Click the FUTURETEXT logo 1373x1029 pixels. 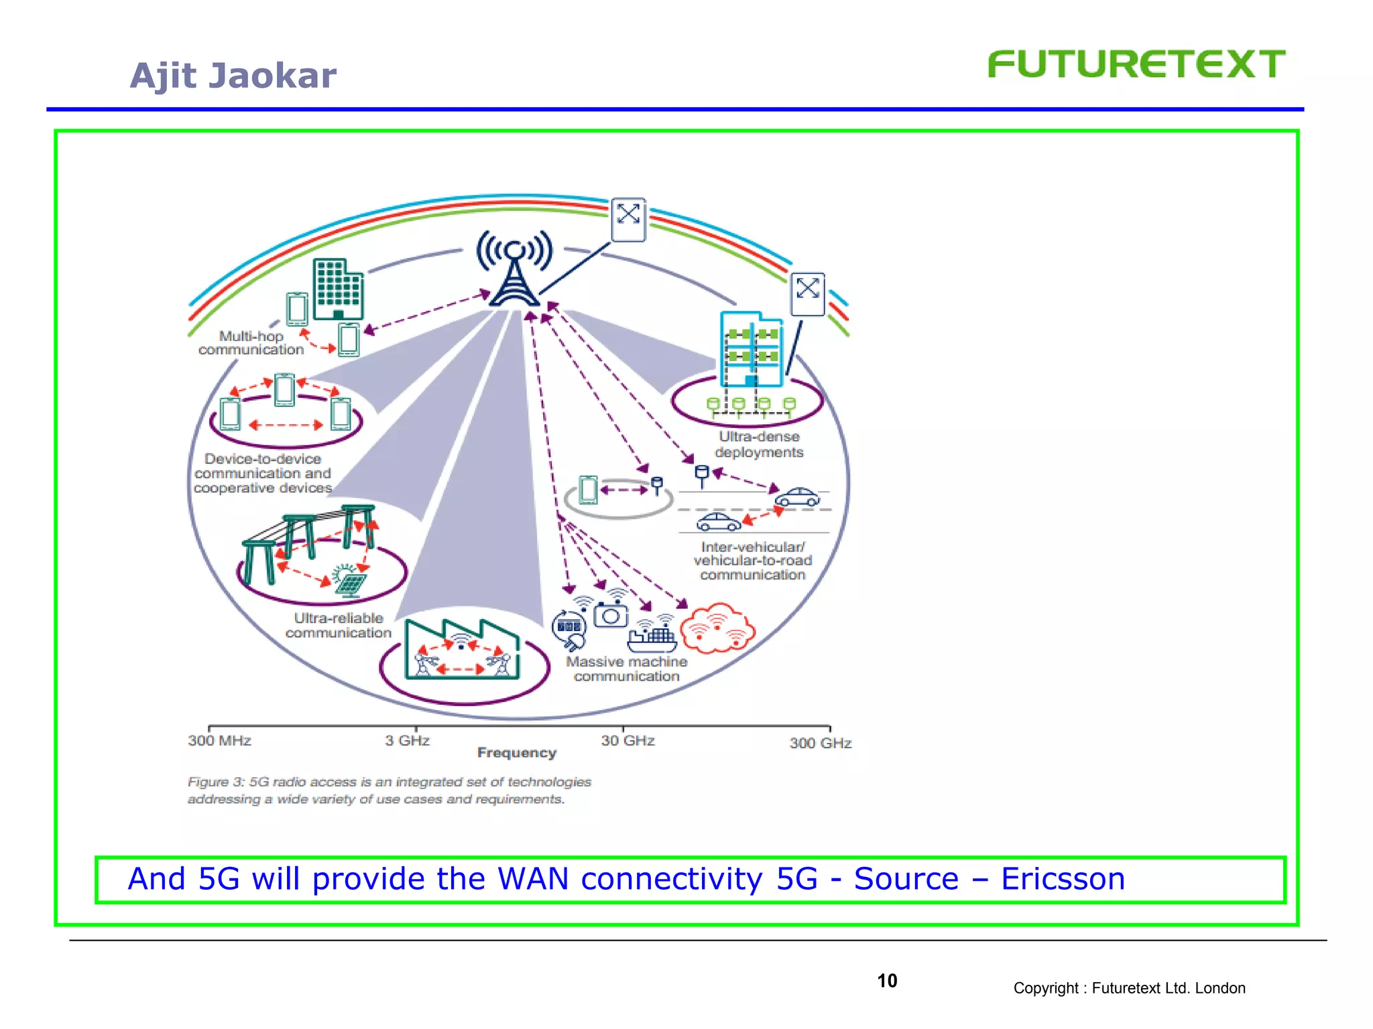[x=1136, y=65]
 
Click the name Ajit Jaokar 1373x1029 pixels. [x=233, y=76]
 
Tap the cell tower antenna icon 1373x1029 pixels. [x=514, y=269]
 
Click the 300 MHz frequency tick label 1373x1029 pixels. [x=219, y=741]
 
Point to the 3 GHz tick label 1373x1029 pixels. [x=407, y=741]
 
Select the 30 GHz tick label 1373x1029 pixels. [x=628, y=741]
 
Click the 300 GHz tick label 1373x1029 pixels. [x=820, y=744]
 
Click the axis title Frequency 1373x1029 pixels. [x=517, y=753]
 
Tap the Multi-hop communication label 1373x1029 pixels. [x=251, y=343]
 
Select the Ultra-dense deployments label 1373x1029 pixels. [x=759, y=445]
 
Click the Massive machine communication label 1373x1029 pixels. [x=626, y=669]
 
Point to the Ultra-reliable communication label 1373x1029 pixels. [x=338, y=626]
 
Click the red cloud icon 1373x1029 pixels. [x=717, y=628]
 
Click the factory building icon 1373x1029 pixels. [x=462, y=650]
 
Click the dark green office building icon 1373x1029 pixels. [x=338, y=289]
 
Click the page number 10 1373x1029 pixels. [x=887, y=981]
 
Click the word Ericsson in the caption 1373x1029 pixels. [x=1063, y=879]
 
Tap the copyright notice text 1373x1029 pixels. [x=1129, y=989]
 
